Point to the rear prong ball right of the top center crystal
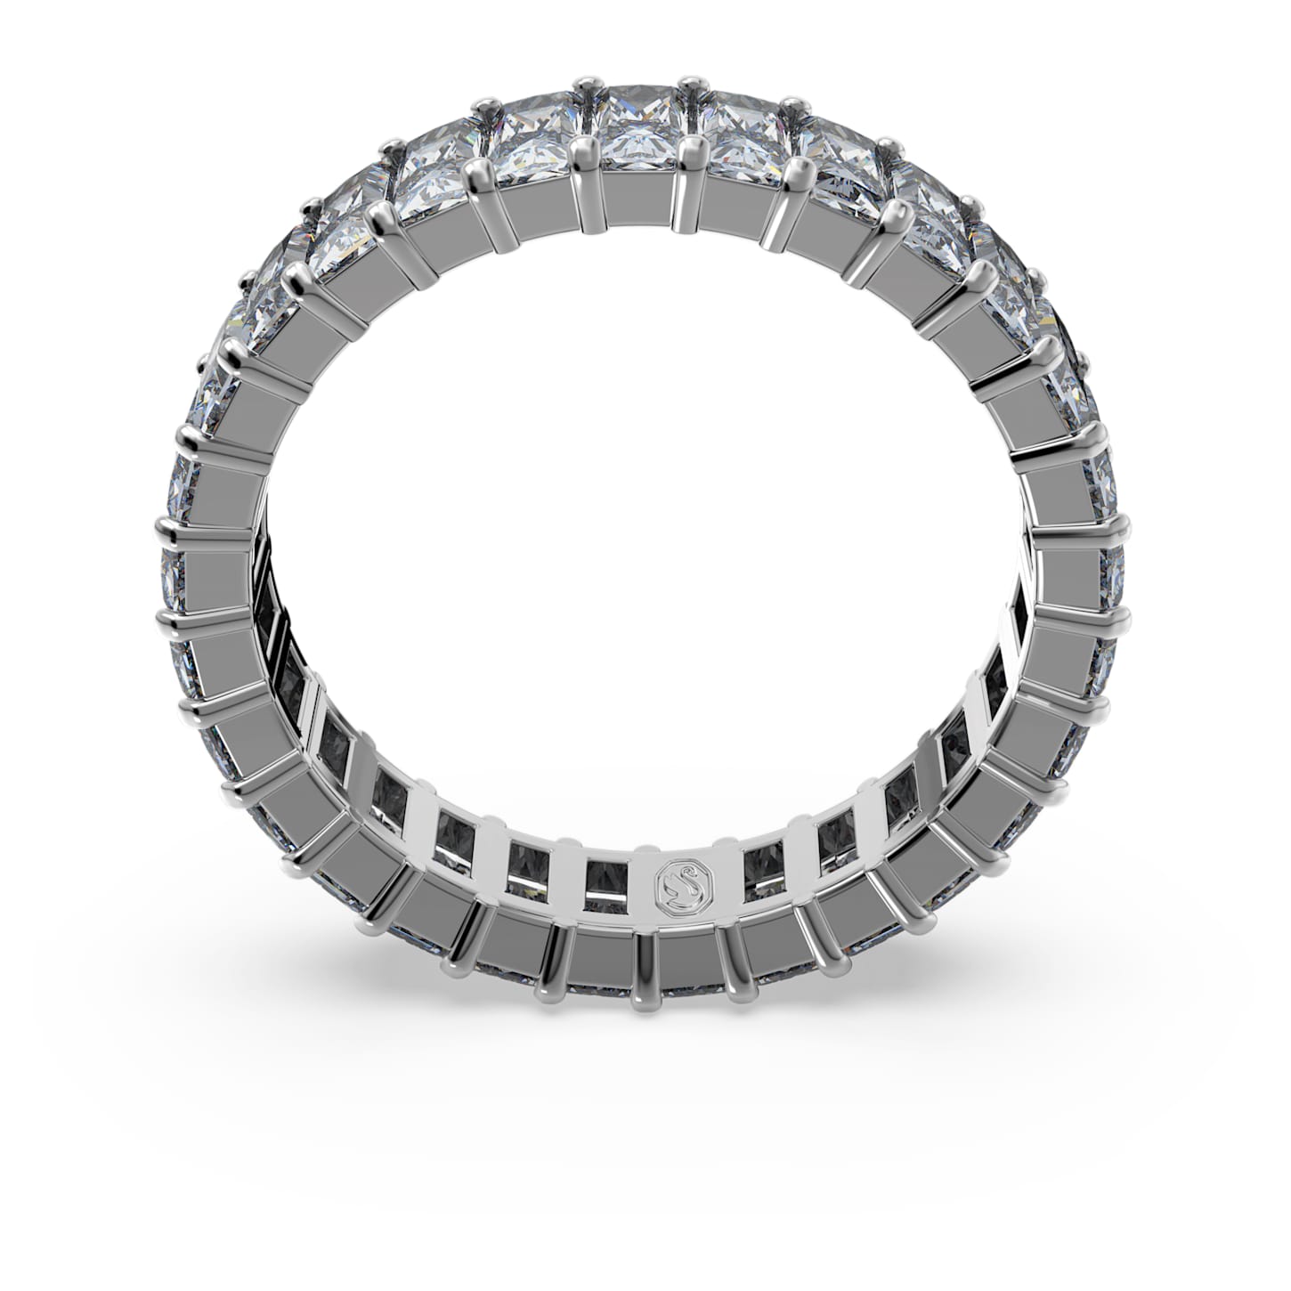click(x=687, y=87)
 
